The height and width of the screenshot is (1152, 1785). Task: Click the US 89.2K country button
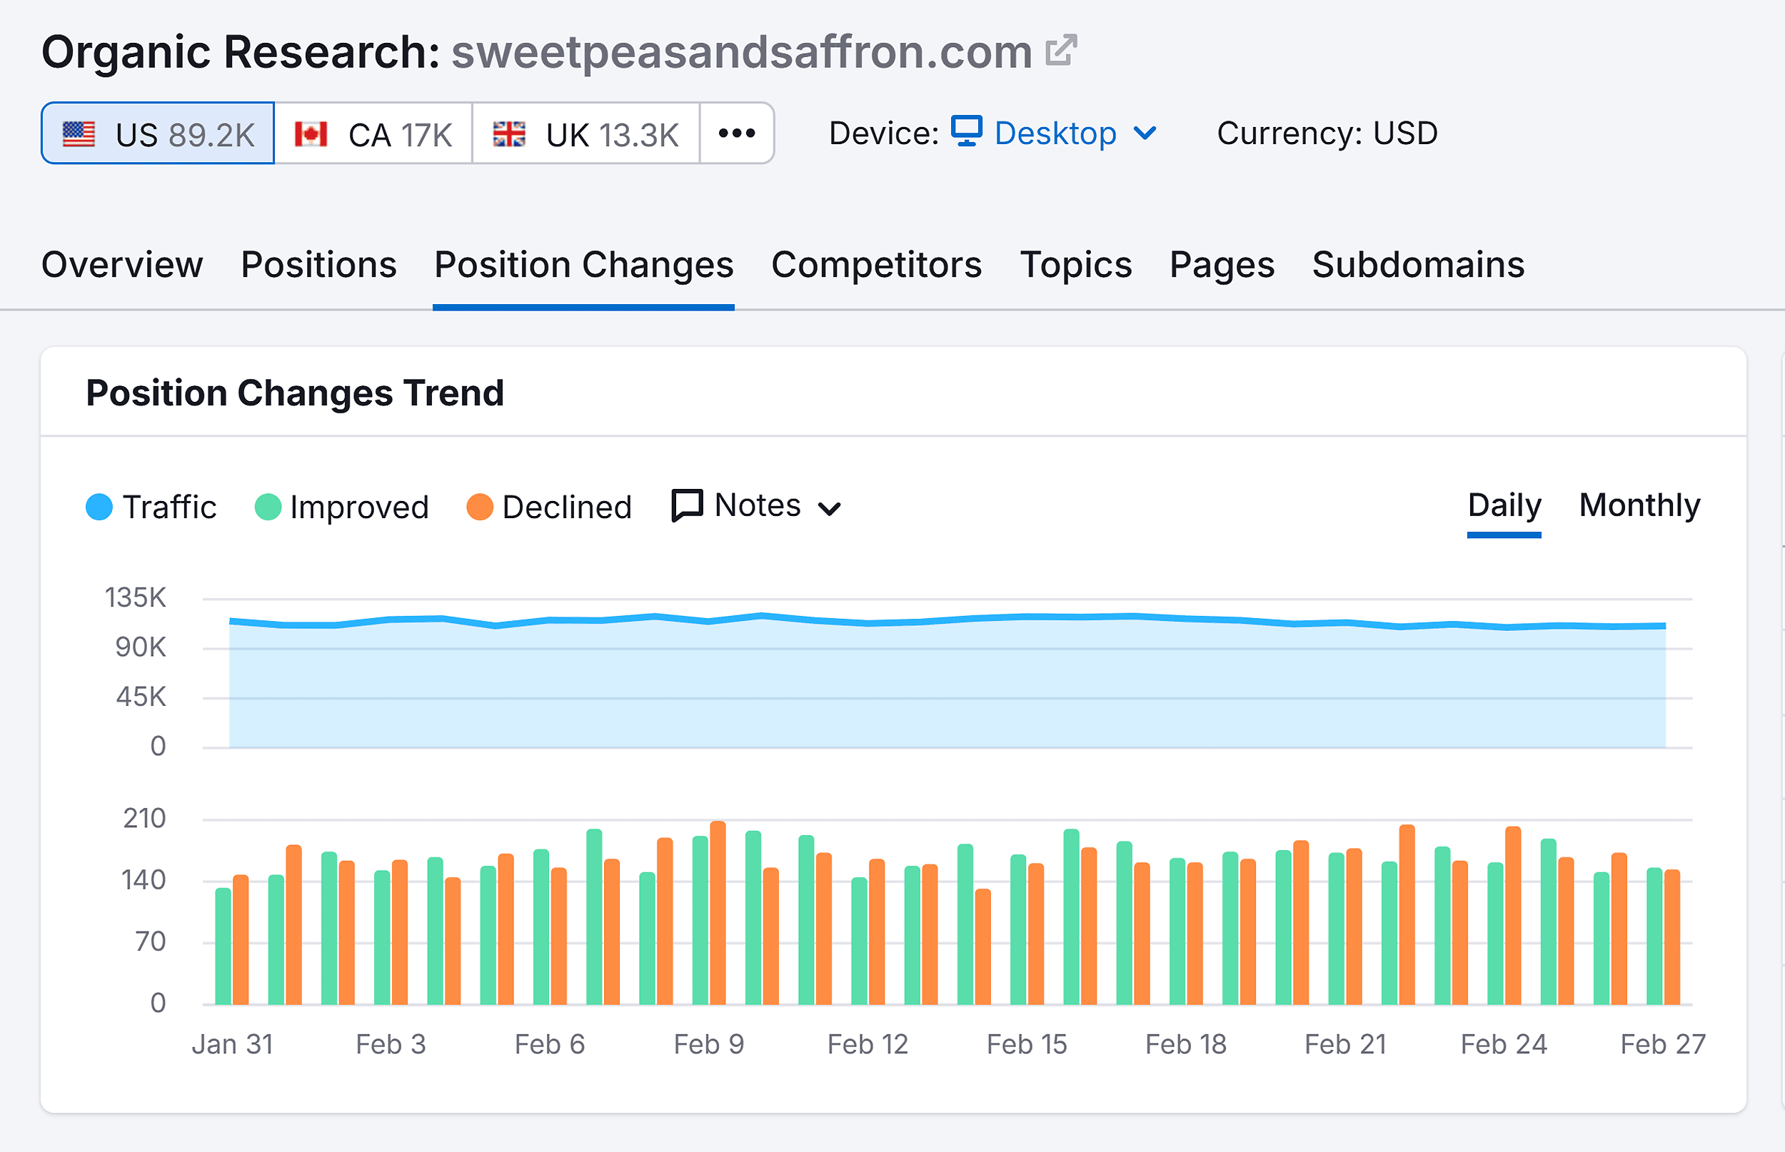158,134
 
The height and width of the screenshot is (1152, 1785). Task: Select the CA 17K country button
373,134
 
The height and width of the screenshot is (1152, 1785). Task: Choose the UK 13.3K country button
585,134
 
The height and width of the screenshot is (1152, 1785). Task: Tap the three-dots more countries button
737,134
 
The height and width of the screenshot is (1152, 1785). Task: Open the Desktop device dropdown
1054,134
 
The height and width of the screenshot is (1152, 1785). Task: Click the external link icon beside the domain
1062,50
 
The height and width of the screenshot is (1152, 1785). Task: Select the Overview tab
122,265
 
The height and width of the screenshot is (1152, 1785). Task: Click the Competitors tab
876,265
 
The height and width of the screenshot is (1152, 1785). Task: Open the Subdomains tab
1418,265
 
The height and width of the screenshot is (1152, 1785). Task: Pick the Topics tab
1075,265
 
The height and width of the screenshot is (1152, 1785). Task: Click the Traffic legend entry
152,507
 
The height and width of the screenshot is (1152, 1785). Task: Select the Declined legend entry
550,507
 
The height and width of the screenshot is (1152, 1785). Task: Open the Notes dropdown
757,507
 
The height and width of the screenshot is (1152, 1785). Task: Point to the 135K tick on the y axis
136,597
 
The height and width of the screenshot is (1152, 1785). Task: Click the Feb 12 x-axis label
867,1044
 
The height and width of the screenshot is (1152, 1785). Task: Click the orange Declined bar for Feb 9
718,913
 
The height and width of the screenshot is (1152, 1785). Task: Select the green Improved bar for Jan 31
223,946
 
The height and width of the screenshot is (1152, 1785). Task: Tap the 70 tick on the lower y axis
151,941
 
